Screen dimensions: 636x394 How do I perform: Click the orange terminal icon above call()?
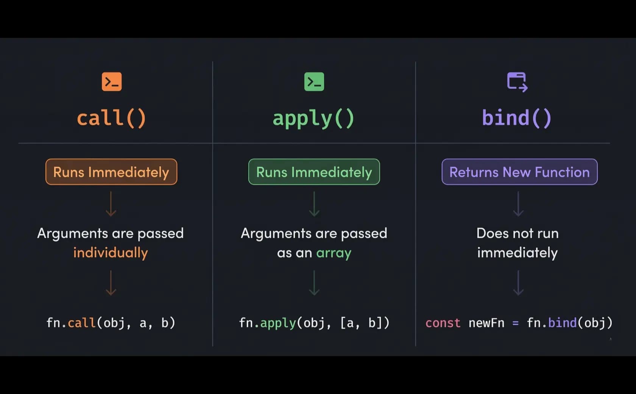pyautogui.click(x=112, y=82)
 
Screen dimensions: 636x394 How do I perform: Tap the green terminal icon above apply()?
pyautogui.click(x=314, y=82)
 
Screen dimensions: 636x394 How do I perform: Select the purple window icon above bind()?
pyautogui.click(x=517, y=82)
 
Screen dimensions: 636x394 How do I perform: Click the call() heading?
pyautogui.click(x=112, y=118)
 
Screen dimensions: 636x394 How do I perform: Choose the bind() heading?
pyautogui.click(x=517, y=118)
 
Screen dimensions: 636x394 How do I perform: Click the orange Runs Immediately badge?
pyautogui.click(x=111, y=172)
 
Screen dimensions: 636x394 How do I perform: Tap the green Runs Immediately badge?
pyautogui.click(x=314, y=172)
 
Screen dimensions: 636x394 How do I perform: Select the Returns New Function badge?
pyautogui.click(x=519, y=172)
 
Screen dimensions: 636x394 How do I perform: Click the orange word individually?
pyautogui.click(x=111, y=252)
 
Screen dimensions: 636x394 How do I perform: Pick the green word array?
pyautogui.click(x=334, y=253)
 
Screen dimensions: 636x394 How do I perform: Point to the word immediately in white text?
pyautogui.click(x=517, y=252)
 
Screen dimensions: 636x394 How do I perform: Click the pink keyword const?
pyautogui.click(x=443, y=323)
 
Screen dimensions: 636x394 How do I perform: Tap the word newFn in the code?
pyautogui.click(x=486, y=323)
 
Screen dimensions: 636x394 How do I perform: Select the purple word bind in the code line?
pyautogui.click(x=562, y=323)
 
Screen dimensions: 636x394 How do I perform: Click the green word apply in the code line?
pyautogui.click(x=278, y=323)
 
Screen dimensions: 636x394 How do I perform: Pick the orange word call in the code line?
pyautogui.click(x=82, y=323)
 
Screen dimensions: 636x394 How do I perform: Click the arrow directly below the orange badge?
pyautogui.click(x=111, y=204)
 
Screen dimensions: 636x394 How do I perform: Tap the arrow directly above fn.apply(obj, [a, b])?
pyautogui.click(x=314, y=283)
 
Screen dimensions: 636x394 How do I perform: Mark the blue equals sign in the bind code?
pyautogui.click(x=515, y=323)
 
